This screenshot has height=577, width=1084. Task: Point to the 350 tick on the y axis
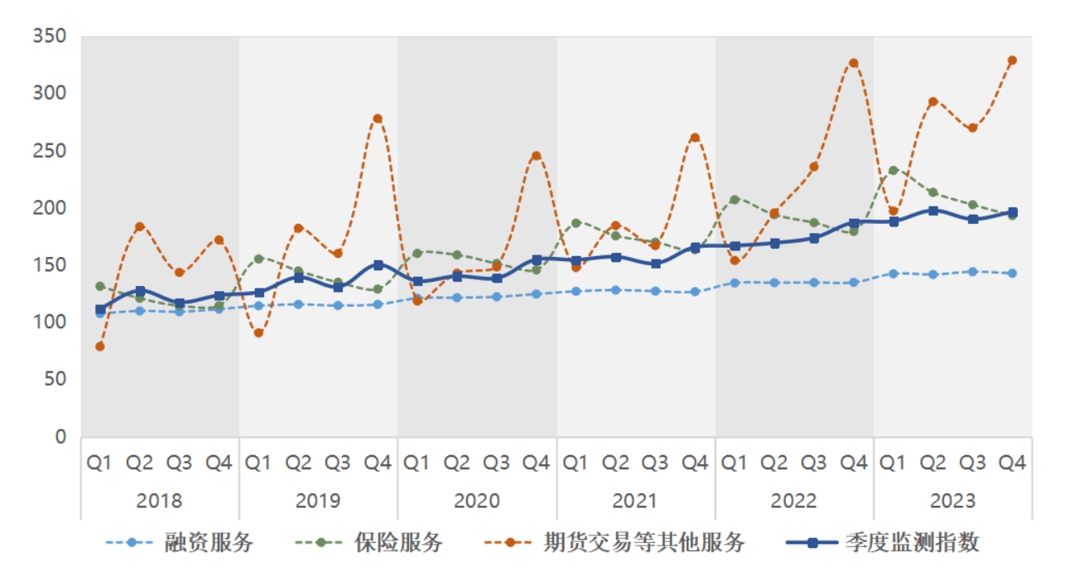(49, 37)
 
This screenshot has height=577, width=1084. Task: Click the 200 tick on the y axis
(49, 208)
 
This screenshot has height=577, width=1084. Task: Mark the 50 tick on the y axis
(55, 380)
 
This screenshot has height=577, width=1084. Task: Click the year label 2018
(159, 501)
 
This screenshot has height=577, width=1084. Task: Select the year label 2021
(635, 501)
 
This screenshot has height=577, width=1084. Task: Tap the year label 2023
(952, 501)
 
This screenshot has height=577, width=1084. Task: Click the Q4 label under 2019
(378, 463)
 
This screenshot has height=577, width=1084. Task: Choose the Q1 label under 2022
(735, 463)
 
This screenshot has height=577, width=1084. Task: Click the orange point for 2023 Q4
(1012, 61)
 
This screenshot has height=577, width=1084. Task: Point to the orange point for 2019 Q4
(378, 119)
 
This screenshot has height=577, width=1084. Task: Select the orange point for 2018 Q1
(100, 347)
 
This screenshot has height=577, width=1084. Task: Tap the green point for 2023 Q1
(894, 171)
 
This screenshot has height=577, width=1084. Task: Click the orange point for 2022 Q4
(854, 63)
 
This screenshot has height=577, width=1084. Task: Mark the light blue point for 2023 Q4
(1012, 274)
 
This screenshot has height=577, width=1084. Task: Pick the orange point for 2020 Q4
(536, 156)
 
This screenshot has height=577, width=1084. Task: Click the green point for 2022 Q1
(735, 200)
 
